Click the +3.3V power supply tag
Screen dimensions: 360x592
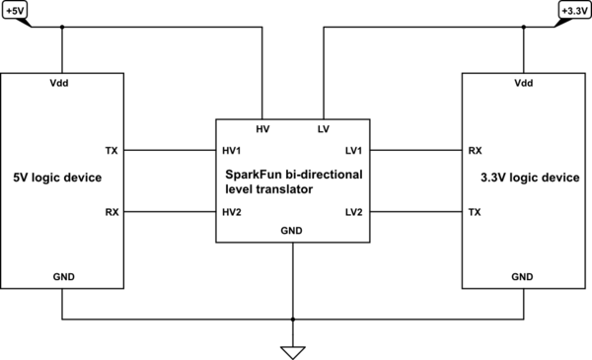pyautogui.click(x=572, y=11)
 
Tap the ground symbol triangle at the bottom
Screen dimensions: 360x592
pyautogui.click(x=293, y=351)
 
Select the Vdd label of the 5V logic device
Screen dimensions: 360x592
pyautogui.click(x=62, y=84)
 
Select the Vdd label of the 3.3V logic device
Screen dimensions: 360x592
pyautogui.click(x=524, y=84)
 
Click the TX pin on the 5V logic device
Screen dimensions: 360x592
pyautogui.click(x=111, y=151)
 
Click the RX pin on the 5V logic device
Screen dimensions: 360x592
pyautogui.click(x=111, y=212)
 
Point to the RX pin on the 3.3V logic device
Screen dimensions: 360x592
pyautogui.click(x=475, y=151)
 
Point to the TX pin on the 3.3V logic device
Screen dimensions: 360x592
pyautogui.click(x=475, y=212)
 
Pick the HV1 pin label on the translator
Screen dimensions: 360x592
pyautogui.click(x=234, y=151)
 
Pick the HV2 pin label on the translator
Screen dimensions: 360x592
pyautogui.click(x=234, y=212)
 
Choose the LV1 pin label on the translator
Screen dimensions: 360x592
pyautogui.click(x=353, y=151)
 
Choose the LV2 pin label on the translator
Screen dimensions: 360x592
pyautogui.click(x=353, y=212)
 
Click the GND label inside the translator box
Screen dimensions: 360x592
pyautogui.click(x=293, y=232)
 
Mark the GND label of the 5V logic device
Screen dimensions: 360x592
pyautogui.click(x=62, y=277)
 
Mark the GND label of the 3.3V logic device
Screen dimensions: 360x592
pyautogui.click(x=524, y=277)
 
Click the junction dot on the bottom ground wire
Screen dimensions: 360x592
pyautogui.click(x=293, y=320)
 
